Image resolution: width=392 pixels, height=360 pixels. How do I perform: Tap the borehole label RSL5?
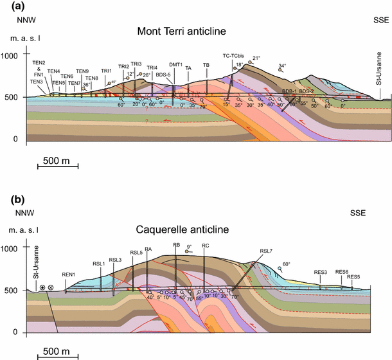pyautogui.click(x=136, y=253)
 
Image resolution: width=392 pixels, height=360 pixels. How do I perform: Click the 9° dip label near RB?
pyautogui.click(x=189, y=246)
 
